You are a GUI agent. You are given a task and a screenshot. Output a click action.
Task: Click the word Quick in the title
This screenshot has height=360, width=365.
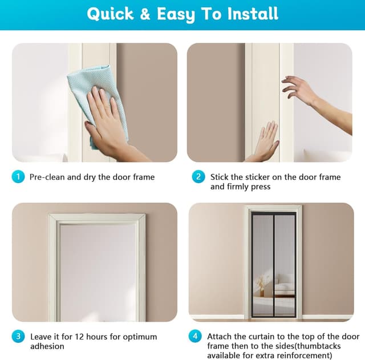110,14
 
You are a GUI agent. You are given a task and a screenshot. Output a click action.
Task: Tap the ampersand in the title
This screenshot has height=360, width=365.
145,14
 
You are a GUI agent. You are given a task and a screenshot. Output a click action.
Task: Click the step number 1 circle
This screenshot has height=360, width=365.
18,177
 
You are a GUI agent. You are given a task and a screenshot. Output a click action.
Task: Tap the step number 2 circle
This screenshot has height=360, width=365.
198,177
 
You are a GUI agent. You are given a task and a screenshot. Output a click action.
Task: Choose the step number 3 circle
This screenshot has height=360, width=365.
18,337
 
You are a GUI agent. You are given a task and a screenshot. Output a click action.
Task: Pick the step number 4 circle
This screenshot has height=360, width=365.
195,337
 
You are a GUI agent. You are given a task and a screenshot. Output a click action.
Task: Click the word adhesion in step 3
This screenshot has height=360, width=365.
47,346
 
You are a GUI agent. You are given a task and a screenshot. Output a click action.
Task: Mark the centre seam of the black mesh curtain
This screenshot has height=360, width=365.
274,265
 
